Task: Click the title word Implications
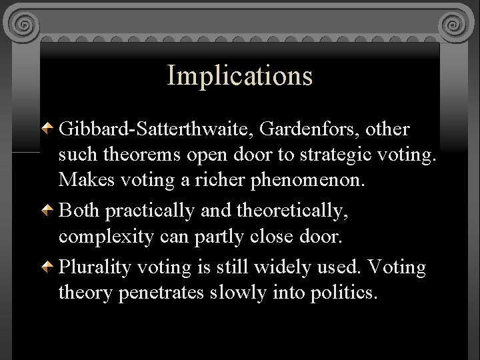tap(239, 76)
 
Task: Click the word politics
tap(344, 293)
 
